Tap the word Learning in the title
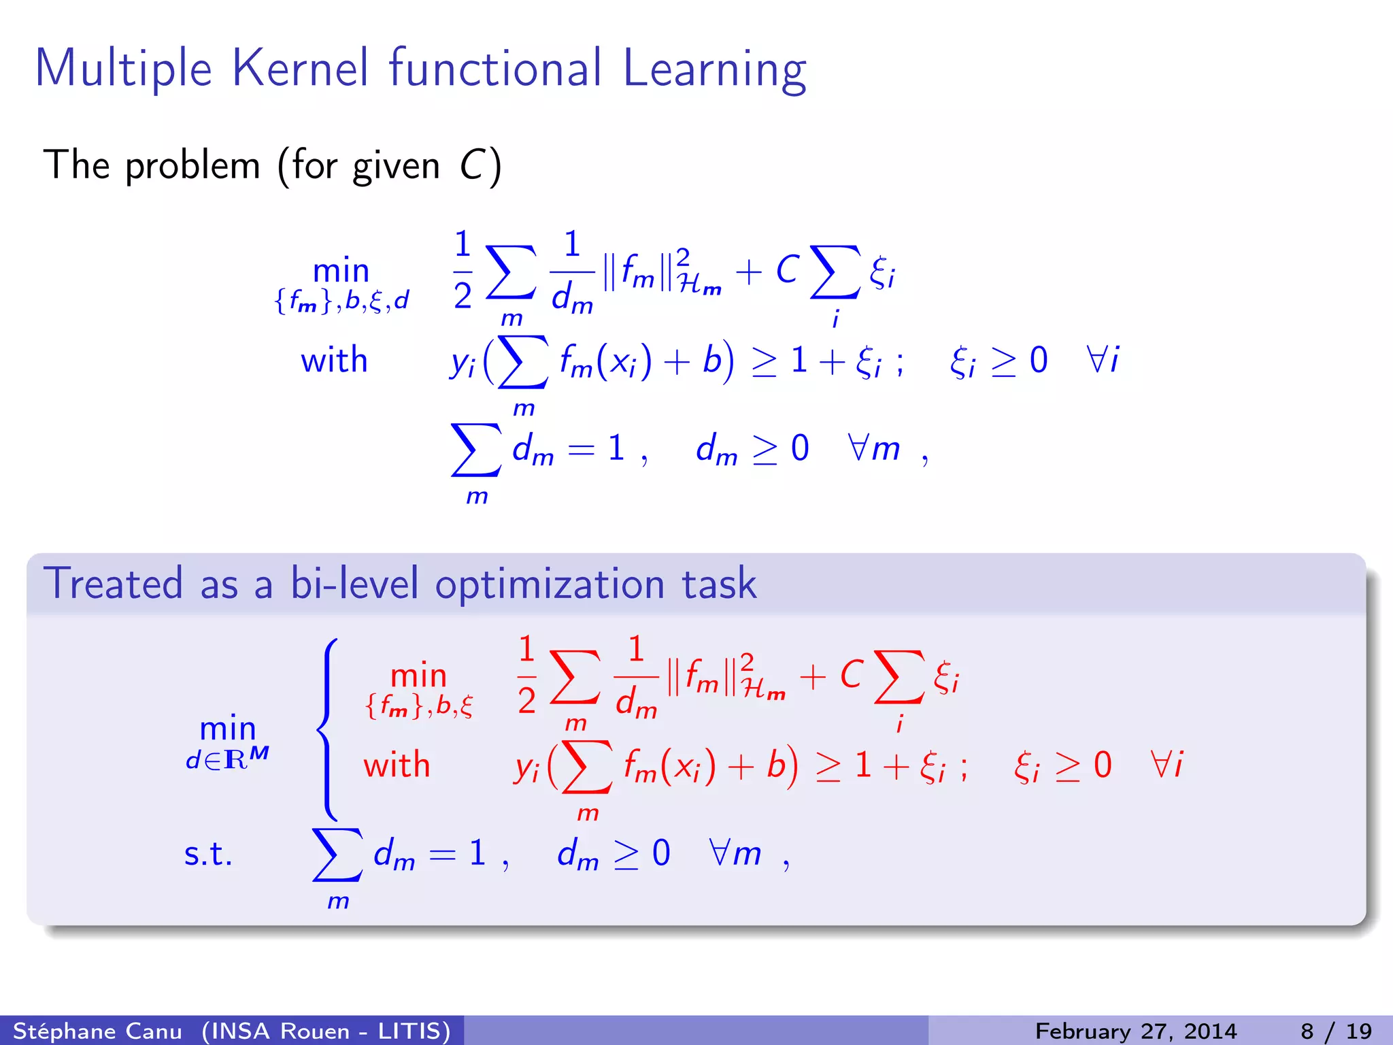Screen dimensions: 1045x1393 click(x=714, y=69)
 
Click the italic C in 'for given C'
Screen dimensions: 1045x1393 click(x=471, y=165)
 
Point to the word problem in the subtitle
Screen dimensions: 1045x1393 click(x=192, y=165)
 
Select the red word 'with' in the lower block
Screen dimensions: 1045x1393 click(x=397, y=765)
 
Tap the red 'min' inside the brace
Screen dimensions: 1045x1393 click(x=418, y=676)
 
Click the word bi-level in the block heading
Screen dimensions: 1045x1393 click(x=354, y=584)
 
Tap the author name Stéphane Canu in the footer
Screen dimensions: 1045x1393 click(x=97, y=1031)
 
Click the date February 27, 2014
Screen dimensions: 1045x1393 click(x=1135, y=1031)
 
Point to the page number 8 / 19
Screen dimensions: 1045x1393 click(x=1337, y=1031)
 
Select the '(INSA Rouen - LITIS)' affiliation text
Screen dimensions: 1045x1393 click(x=326, y=1031)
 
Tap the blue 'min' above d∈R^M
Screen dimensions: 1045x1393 click(x=227, y=729)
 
